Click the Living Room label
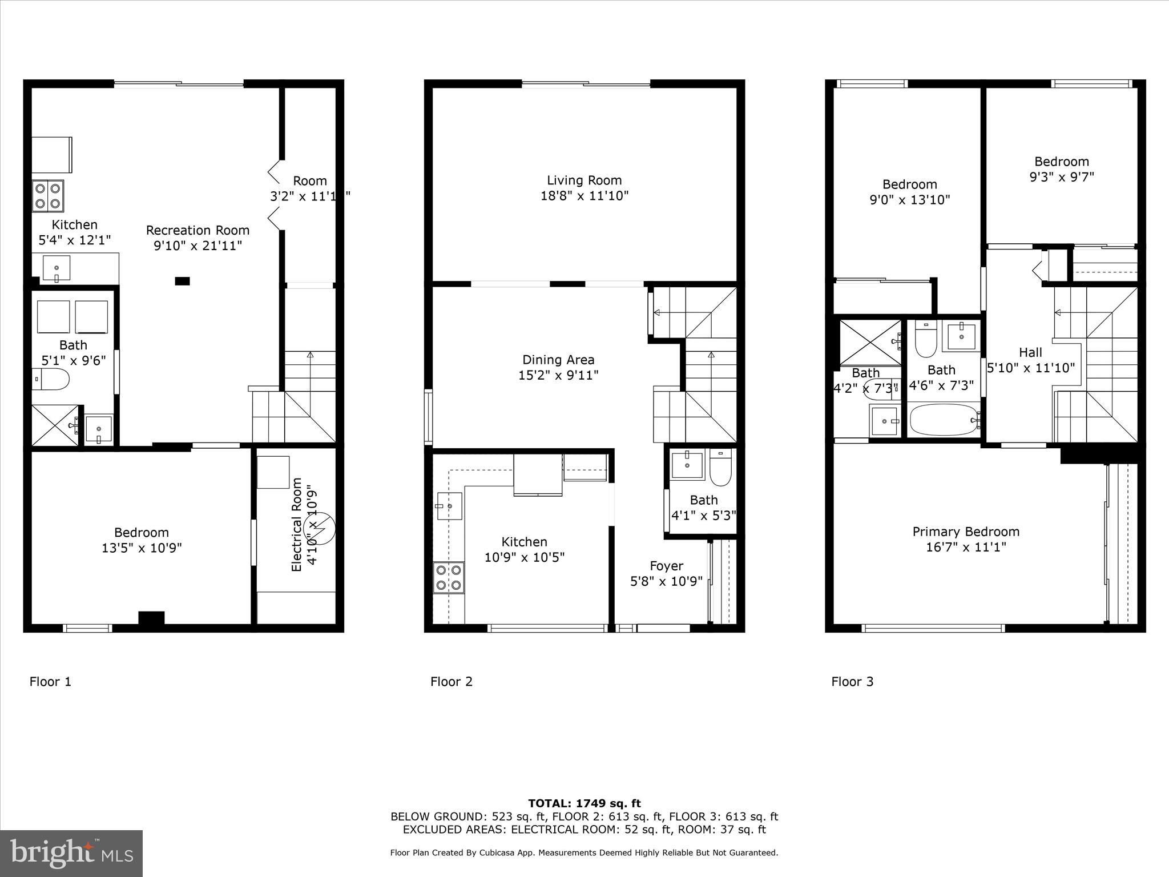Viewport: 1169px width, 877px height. click(x=584, y=180)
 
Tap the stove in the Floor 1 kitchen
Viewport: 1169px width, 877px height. click(x=48, y=195)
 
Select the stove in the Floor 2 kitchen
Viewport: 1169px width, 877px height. click(x=449, y=577)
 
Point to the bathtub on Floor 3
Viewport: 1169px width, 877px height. click(x=943, y=420)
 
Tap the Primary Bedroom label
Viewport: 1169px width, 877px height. click(x=966, y=532)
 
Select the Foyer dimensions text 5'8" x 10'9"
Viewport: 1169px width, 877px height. click(x=666, y=581)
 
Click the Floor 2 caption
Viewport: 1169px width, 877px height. click(x=452, y=681)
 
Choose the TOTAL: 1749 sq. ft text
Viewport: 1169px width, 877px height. click(x=584, y=803)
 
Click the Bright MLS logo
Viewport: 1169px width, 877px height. click(x=71, y=854)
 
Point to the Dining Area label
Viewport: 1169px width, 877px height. click(x=558, y=360)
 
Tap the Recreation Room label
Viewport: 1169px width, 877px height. click(x=197, y=230)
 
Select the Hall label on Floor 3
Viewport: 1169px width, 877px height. click(x=1030, y=353)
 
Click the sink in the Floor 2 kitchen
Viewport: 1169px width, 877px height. click(x=449, y=506)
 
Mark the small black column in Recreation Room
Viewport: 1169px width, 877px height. click(x=182, y=280)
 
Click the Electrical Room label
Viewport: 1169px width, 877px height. click(x=296, y=525)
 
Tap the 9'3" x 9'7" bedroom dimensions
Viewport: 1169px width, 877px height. click(x=1061, y=177)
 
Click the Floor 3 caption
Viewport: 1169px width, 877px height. click(x=852, y=681)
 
